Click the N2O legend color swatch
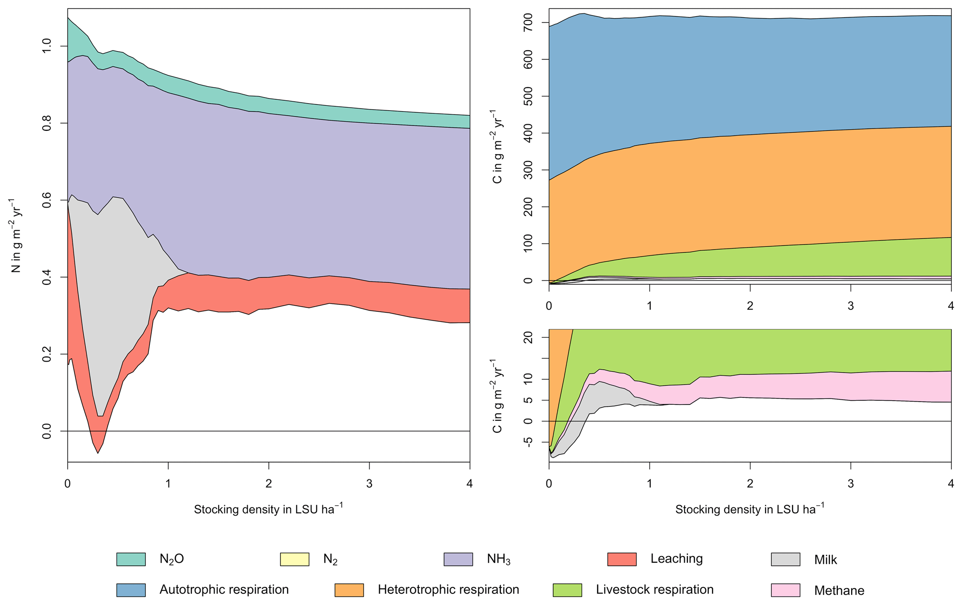[x=131, y=559]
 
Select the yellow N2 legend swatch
[x=295, y=559]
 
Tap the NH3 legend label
[x=498, y=559]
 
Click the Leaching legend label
[x=676, y=558]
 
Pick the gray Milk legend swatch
[x=786, y=559]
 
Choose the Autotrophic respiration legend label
[x=224, y=590]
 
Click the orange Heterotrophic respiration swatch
[x=350, y=590]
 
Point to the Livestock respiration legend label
[x=654, y=590]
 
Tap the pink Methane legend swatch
[x=786, y=590]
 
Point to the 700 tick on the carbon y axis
[x=529, y=22]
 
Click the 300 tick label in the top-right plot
[x=529, y=170]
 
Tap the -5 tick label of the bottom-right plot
[x=529, y=442]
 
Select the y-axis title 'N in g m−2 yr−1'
[x=15, y=235]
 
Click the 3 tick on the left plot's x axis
[x=369, y=484]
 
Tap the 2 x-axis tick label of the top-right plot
[x=750, y=306]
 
